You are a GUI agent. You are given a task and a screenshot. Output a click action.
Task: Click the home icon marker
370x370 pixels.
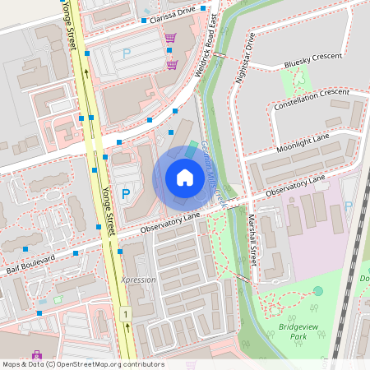185,178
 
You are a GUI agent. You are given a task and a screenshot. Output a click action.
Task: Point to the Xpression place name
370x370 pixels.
138,280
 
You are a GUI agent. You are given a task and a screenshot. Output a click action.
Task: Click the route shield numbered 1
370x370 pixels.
126,314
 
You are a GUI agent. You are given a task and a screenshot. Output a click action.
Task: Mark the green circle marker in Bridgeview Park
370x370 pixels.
318,291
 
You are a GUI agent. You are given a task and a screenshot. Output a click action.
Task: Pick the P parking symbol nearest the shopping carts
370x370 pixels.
127,53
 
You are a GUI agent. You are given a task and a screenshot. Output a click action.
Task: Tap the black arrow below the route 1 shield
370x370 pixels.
128,329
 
